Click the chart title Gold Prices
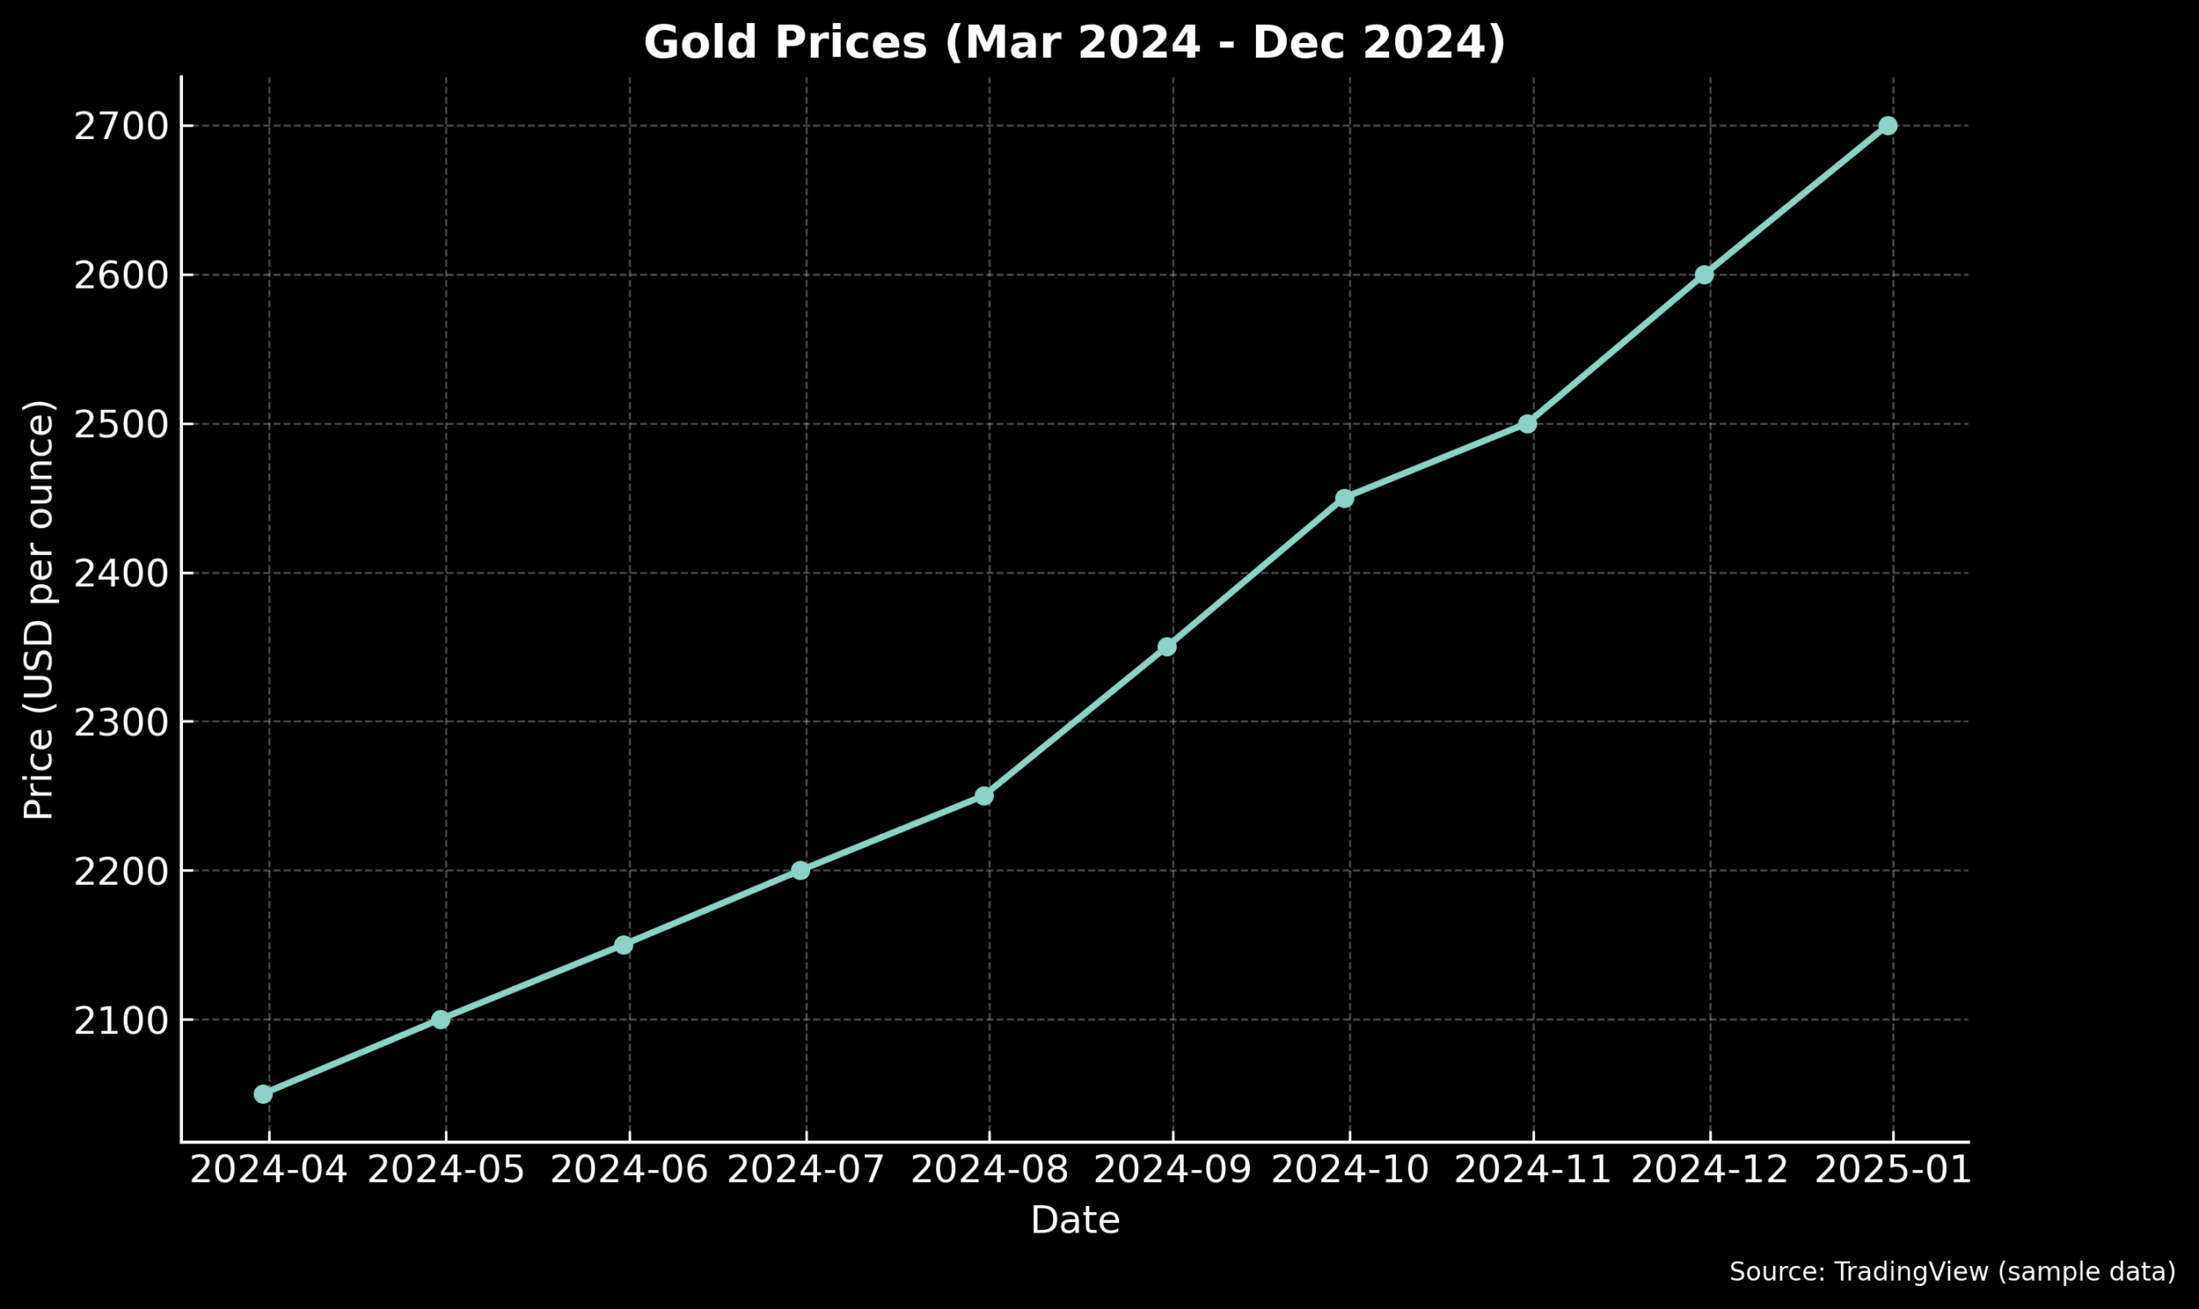pos(1075,43)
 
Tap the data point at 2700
pos(1886,126)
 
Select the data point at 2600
pos(1703,275)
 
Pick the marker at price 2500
pos(1527,424)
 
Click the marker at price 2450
pos(1343,498)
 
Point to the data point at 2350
pos(1167,648)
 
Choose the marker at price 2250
pos(984,796)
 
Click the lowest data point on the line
pos(263,1094)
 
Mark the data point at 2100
pos(440,1020)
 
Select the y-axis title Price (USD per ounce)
pos(39,610)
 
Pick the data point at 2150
pos(623,945)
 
